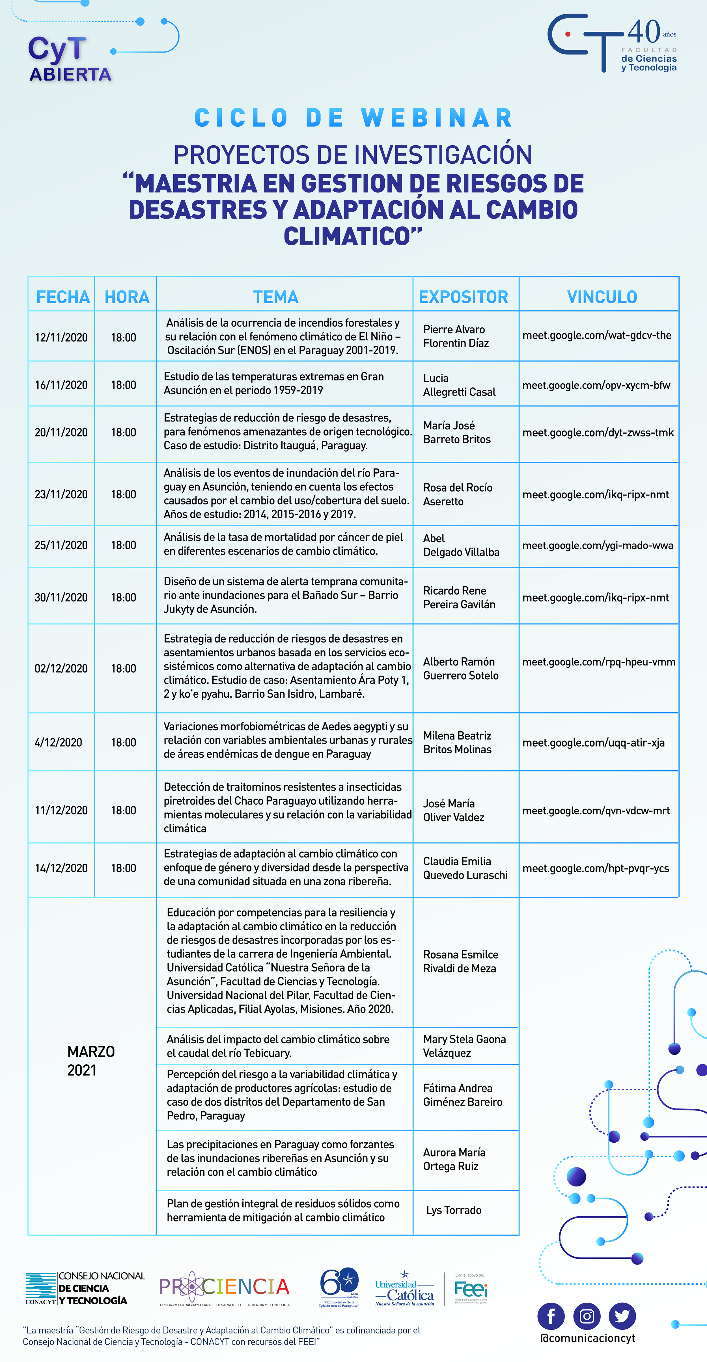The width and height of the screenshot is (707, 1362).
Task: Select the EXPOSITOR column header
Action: coord(463,297)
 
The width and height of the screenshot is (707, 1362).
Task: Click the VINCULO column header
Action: coord(602,297)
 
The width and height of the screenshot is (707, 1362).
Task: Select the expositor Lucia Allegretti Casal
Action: coord(459,385)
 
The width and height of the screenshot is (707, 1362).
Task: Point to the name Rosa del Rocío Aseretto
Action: coord(457,494)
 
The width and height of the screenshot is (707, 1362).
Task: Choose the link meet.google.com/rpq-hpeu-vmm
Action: coord(599,662)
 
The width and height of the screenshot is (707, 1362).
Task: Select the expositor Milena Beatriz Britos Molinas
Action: coord(457,742)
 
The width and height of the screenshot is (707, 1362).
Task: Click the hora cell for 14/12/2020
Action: coord(123,868)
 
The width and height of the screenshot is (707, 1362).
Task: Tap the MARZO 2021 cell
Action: coord(91,1061)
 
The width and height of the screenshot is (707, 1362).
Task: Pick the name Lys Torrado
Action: coord(454,1210)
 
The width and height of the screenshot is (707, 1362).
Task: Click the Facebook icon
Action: coord(551,1316)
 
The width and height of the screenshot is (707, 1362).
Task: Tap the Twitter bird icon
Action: coord(622,1316)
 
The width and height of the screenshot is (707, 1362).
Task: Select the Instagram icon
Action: coord(587,1316)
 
